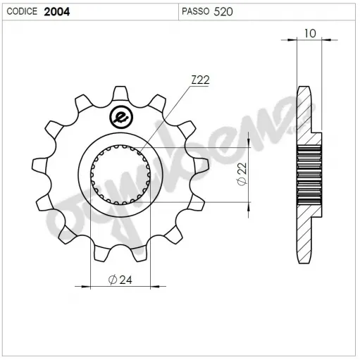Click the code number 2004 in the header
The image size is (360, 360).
click(56, 12)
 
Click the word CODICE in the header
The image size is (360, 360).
click(22, 12)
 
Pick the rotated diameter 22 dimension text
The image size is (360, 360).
click(241, 174)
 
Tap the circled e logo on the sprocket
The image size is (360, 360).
click(120, 117)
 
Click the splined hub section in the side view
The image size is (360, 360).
click(311, 175)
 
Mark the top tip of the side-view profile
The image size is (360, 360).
click(304, 88)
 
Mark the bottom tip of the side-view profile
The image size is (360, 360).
click(304, 261)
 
